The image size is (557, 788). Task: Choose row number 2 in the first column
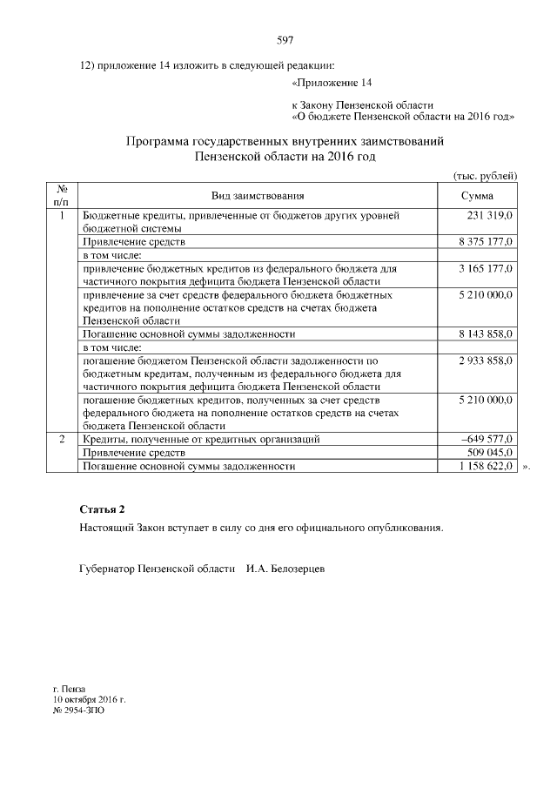coord(62,440)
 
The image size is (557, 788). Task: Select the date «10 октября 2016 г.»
coord(90,698)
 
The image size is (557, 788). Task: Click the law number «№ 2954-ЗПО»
coord(78,710)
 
